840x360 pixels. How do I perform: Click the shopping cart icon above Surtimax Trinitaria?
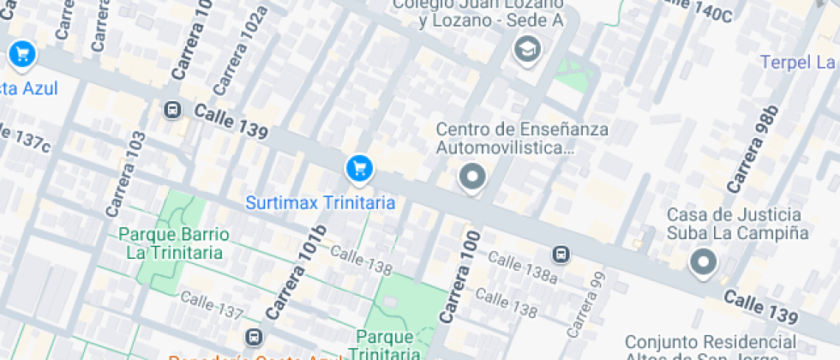(358, 168)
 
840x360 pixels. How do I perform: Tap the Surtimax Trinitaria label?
(320, 203)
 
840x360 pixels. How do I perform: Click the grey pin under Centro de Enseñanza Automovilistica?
(471, 178)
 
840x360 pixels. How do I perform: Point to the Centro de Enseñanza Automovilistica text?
(522, 139)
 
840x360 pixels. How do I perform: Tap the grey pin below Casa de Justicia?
(704, 262)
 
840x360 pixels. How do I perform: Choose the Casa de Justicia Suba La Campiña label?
(737, 223)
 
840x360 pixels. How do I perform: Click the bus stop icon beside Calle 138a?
(561, 254)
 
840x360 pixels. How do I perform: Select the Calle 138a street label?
(516, 267)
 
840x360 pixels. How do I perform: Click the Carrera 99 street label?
(587, 303)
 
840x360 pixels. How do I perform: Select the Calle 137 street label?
(213, 305)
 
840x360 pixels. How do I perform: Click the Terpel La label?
(798, 63)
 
